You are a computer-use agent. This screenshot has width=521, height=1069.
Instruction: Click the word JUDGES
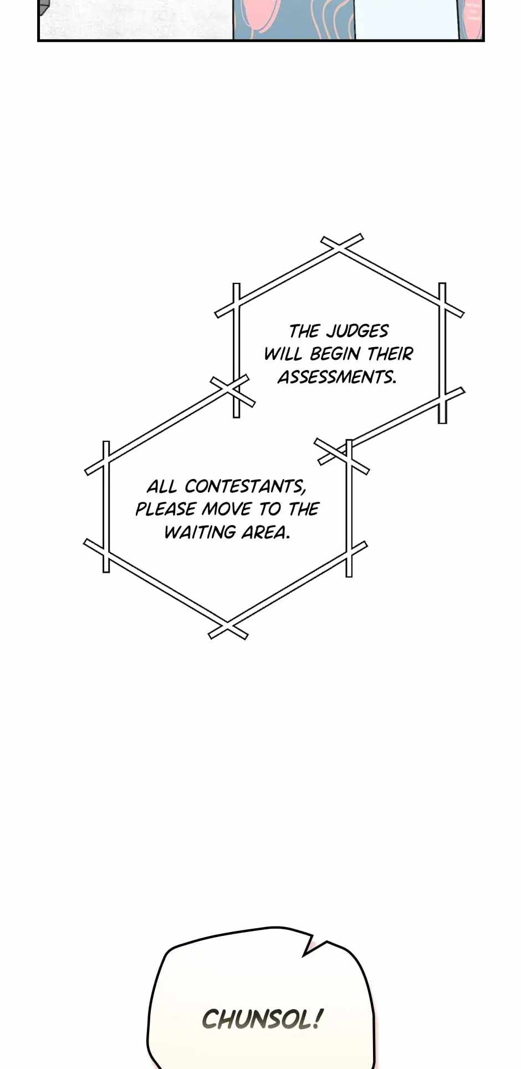(357, 331)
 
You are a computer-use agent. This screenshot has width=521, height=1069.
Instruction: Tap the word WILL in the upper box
(283, 354)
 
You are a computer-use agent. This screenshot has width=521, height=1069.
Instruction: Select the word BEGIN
(335, 354)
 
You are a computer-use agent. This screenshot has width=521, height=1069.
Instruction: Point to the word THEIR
(390, 354)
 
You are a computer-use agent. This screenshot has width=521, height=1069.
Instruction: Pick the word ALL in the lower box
(161, 486)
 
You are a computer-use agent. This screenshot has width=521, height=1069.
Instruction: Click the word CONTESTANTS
(245, 486)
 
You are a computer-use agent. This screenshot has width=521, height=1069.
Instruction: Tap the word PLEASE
(165, 509)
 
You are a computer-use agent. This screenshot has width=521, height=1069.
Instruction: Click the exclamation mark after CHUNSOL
(317, 1018)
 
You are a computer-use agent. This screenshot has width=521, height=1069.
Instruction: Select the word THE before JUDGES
(304, 331)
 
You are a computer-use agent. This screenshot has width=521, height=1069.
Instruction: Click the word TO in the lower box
(270, 509)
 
